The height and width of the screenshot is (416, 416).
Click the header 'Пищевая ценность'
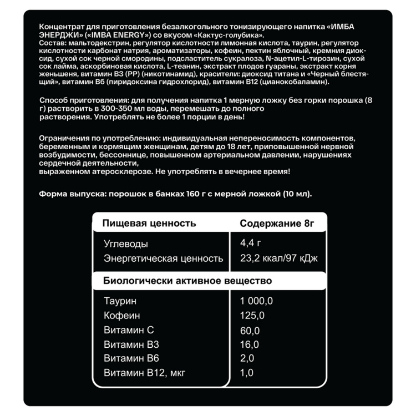pos(150,224)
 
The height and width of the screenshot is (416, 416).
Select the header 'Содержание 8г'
pos(277,224)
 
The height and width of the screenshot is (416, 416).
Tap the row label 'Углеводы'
pos(126,243)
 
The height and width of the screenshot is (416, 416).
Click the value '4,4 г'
pos(250,243)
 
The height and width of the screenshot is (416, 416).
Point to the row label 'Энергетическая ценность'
pos(163,258)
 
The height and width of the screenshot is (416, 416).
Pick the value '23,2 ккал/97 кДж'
pos(279,258)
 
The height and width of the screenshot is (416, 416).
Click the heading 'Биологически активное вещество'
pos(187,281)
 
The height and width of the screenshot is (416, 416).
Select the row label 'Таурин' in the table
pos(119,301)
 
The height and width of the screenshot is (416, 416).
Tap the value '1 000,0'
pos(257,301)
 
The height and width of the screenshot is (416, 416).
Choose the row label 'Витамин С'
pos(128,331)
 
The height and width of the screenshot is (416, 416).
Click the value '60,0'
pos(250,331)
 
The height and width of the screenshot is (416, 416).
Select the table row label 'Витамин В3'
pos(131,344)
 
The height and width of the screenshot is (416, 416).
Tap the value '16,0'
pos(250,344)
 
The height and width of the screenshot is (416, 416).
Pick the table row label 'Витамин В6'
pos(131,358)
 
